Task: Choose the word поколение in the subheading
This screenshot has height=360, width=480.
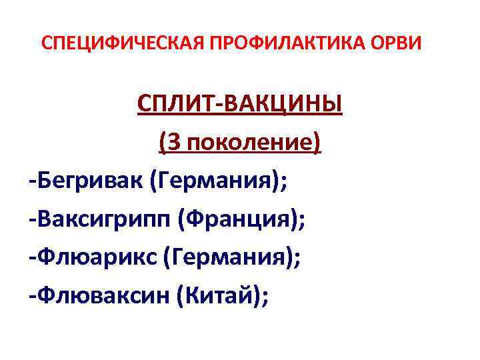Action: pyautogui.click(x=245, y=142)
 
